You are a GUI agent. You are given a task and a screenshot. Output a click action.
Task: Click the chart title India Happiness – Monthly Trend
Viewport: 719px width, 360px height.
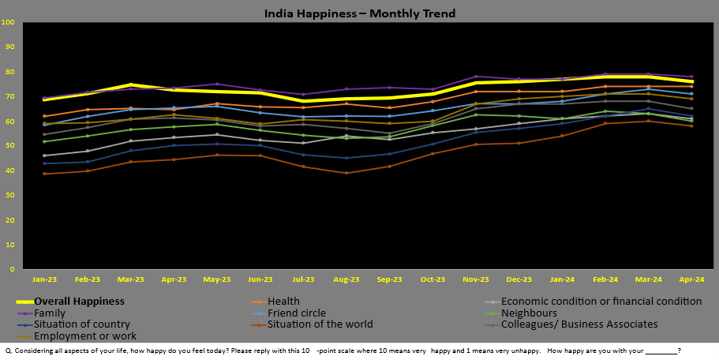click(x=359, y=13)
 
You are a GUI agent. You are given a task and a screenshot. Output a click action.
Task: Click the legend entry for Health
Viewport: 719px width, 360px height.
click(x=283, y=301)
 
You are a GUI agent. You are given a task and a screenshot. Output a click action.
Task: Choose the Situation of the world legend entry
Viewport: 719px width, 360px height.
click(x=320, y=324)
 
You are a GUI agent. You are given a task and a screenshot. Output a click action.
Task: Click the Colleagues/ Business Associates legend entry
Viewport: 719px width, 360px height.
click(x=579, y=324)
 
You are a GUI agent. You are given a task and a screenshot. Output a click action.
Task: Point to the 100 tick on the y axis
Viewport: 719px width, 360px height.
click(x=9, y=22)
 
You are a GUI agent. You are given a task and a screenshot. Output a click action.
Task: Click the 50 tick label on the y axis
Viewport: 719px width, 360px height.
click(x=10, y=146)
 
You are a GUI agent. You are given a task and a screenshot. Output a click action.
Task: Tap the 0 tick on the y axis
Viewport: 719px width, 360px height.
click(x=13, y=269)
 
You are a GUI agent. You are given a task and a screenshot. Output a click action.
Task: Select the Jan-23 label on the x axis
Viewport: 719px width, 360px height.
click(x=44, y=279)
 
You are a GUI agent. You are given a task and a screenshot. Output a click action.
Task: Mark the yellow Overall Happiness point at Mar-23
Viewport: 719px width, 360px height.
click(x=131, y=84)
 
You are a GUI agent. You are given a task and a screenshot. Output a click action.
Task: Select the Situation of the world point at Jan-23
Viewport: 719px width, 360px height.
click(x=44, y=174)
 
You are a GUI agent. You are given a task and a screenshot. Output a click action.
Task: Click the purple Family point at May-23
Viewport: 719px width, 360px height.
click(x=216, y=84)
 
